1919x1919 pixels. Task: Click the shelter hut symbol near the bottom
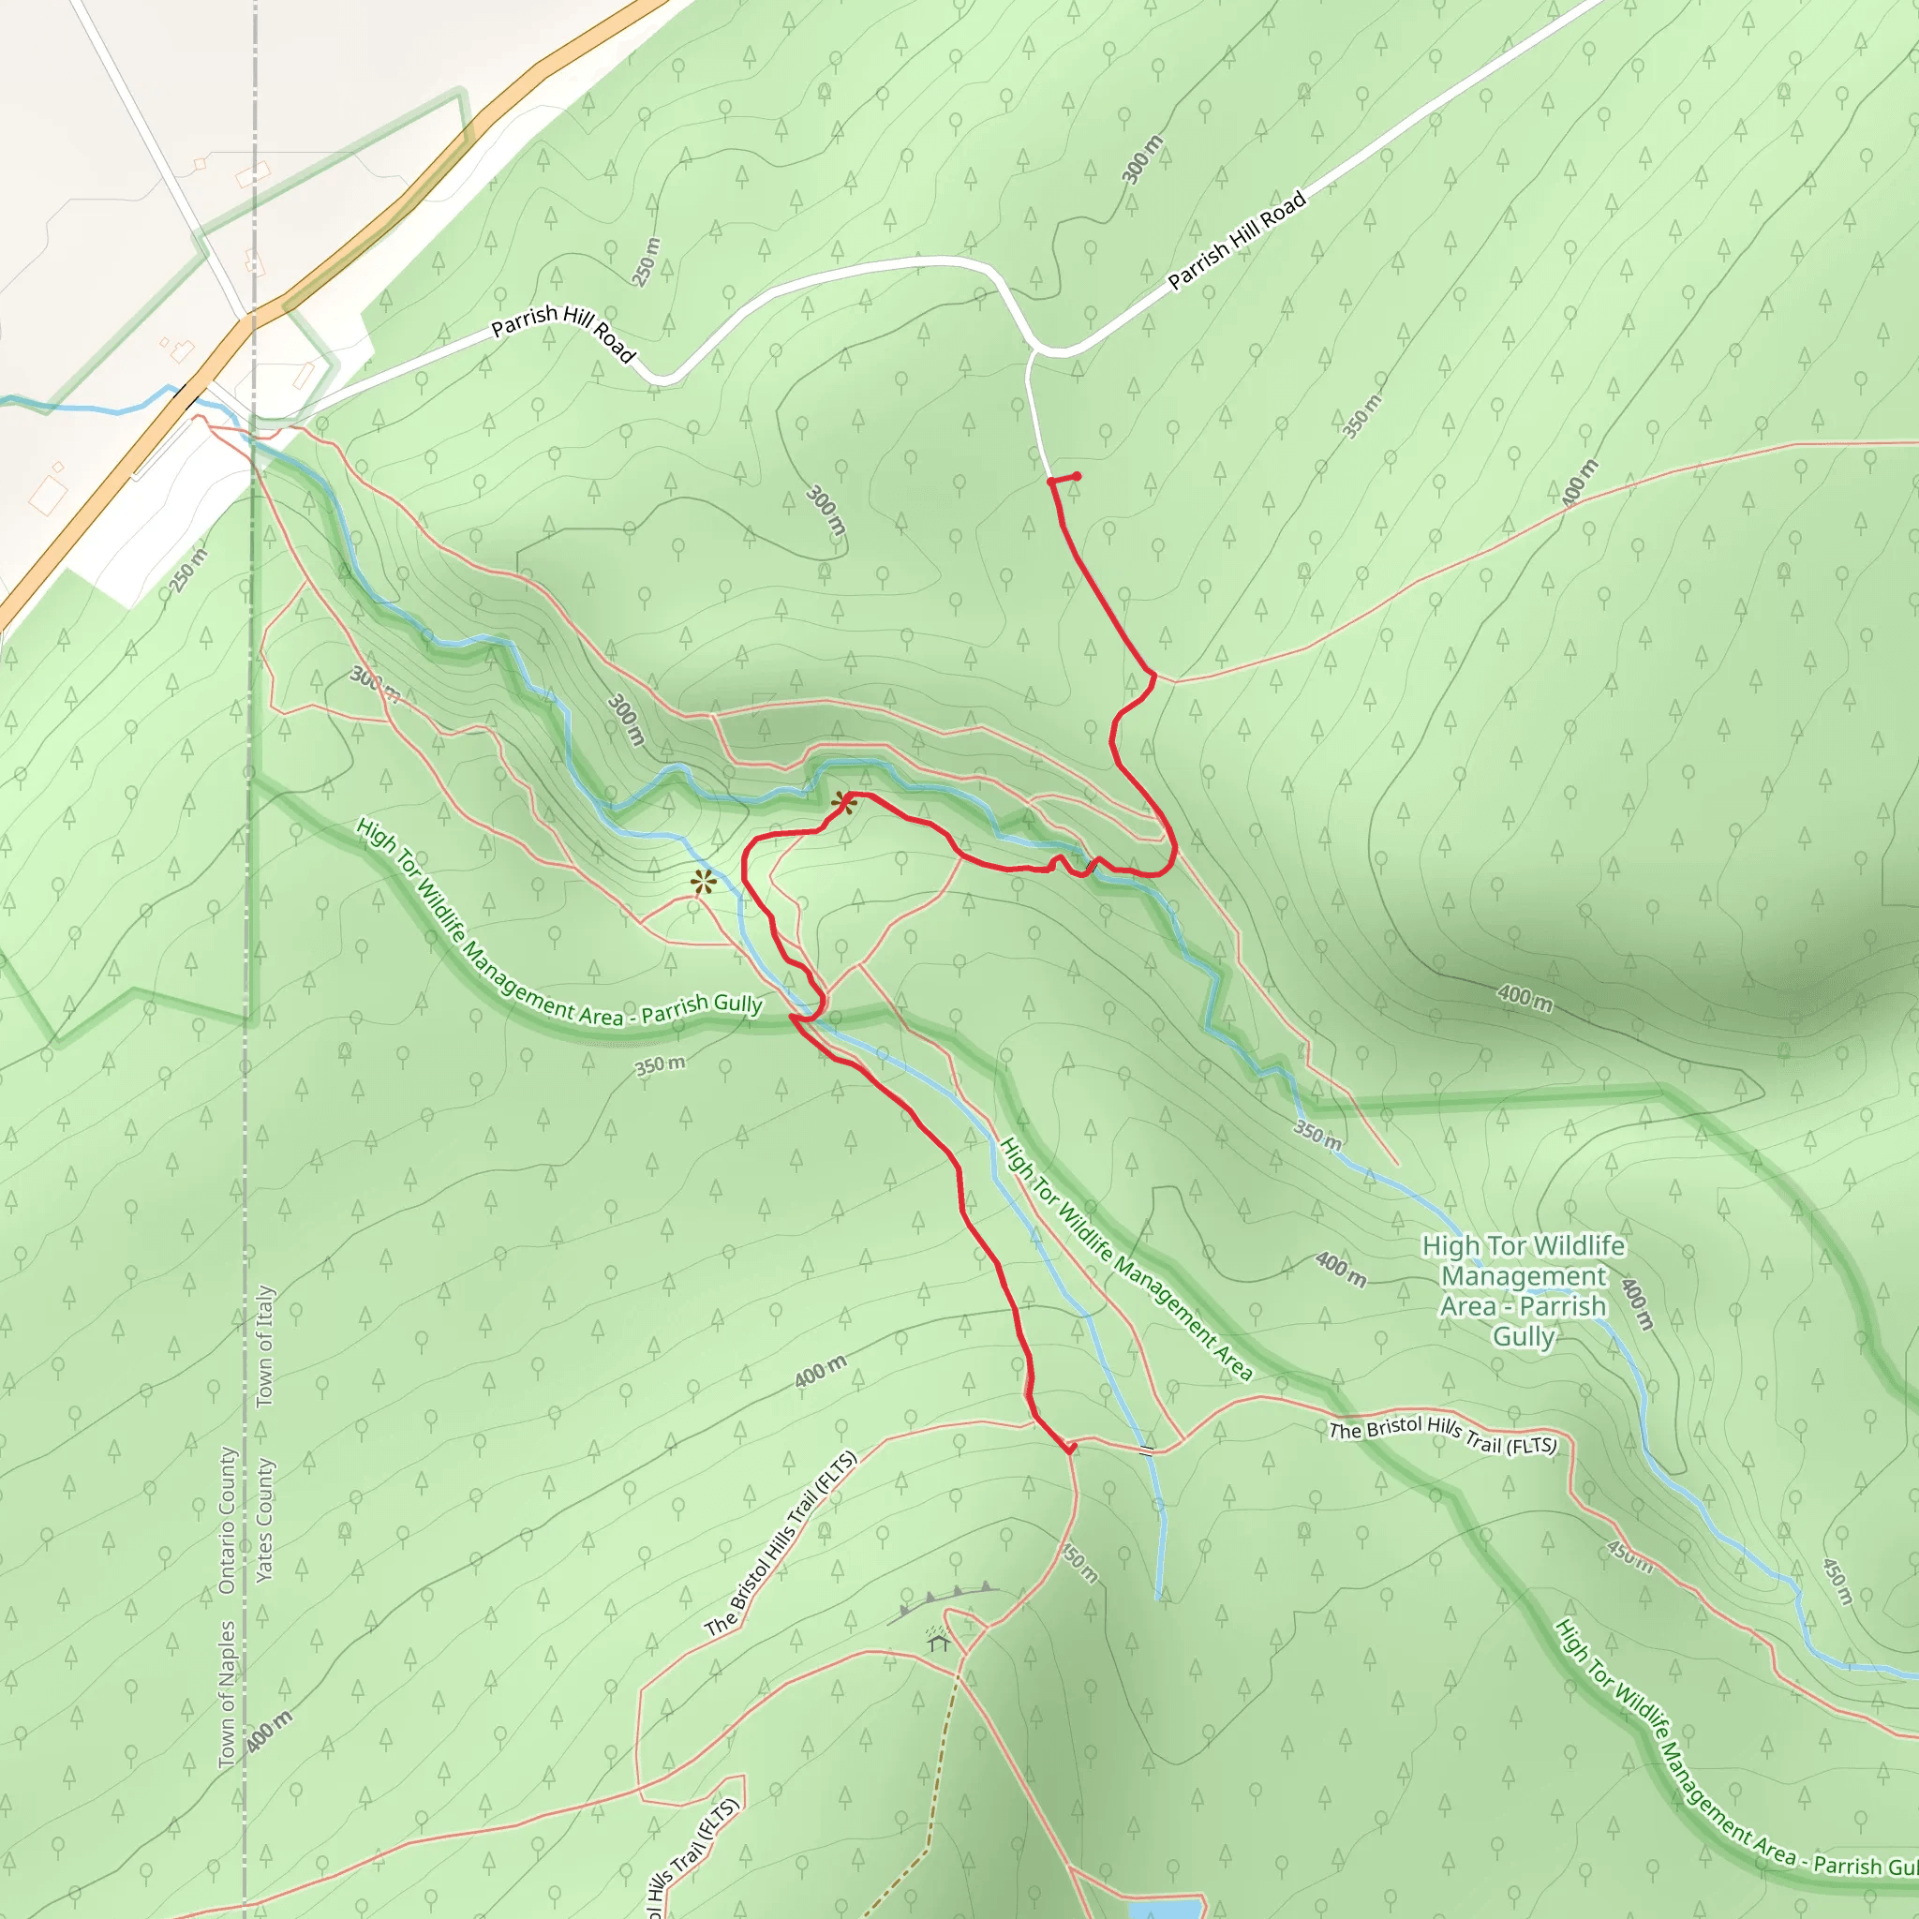click(x=939, y=1643)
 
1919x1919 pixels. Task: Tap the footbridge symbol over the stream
click(x=1145, y=1451)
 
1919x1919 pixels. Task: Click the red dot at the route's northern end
click(x=1077, y=477)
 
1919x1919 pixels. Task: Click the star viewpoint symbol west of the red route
click(x=704, y=882)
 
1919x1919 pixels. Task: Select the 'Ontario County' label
click(x=228, y=1520)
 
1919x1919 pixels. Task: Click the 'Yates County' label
click(x=264, y=1520)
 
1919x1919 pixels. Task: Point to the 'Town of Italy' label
click(x=265, y=1346)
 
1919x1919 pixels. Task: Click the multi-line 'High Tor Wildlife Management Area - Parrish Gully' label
click(x=1523, y=1290)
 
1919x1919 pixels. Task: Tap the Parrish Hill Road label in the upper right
click(x=1236, y=241)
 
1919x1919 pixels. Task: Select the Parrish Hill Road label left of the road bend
click(x=563, y=333)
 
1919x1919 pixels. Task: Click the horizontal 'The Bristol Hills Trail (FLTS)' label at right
click(x=1442, y=1436)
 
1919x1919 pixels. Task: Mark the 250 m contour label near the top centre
click(x=646, y=262)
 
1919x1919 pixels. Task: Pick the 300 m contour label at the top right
click(x=1141, y=160)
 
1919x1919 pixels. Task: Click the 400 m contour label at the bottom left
click(x=268, y=1733)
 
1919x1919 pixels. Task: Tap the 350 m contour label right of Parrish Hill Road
click(x=1361, y=416)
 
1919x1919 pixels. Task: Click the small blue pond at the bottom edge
click(x=1164, y=1908)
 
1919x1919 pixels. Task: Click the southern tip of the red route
click(x=1070, y=1450)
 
